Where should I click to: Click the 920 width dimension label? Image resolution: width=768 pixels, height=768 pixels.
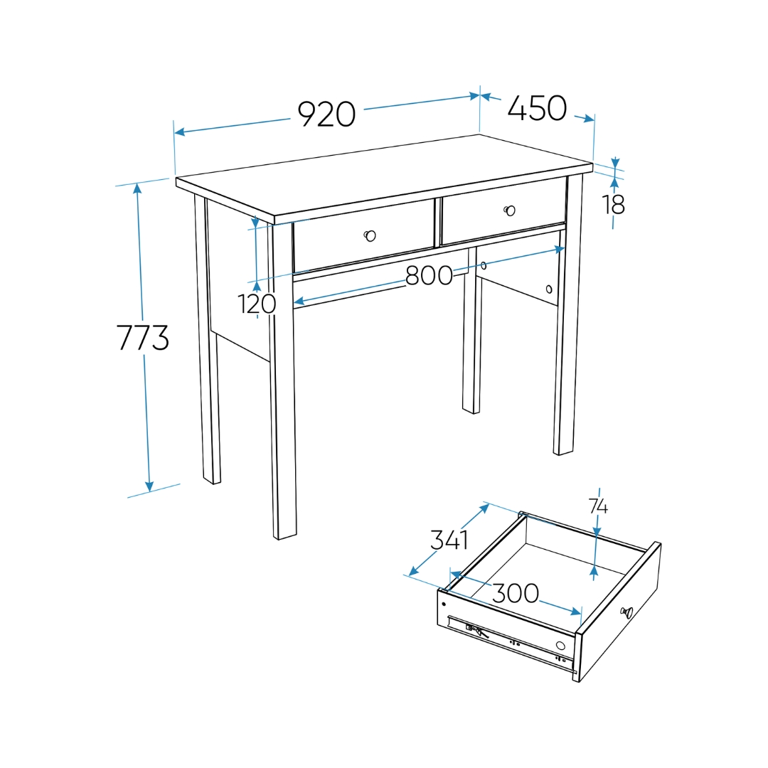[x=326, y=114]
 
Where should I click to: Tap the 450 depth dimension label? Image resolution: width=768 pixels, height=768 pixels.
[x=538, y=108]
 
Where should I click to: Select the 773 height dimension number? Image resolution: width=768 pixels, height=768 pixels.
[x=143, y=338]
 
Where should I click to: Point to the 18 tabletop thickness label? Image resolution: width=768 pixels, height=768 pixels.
[x=614, y=205]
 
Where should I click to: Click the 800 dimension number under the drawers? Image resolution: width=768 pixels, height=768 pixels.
[x=429, y=275]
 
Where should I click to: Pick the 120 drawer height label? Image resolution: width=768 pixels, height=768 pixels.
[x=257, y=304]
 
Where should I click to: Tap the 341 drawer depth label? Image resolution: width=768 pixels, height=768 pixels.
[x=449, y=540]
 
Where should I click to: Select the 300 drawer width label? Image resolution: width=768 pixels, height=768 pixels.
[x=516, y=593]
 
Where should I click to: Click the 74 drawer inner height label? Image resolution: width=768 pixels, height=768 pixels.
[x=599, y=506]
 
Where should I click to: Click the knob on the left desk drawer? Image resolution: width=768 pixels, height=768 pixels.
[x=370, y=236]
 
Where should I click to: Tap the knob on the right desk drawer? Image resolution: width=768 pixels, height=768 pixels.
[x=510, y=210]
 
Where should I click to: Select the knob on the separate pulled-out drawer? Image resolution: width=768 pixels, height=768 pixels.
[x=626, y=612]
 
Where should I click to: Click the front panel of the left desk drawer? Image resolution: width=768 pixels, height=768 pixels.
[x=363, y=236]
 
